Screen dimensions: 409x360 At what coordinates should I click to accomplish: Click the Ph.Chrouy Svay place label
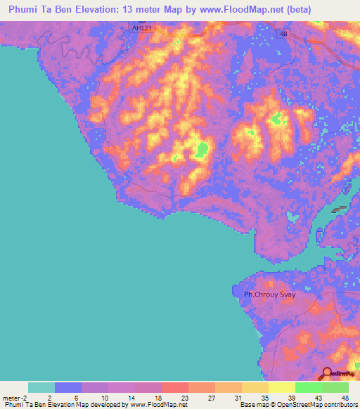pyautogui.click(x=264, y=294)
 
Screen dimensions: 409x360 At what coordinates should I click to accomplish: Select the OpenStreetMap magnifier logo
pyautogui.click(x=328, y=373)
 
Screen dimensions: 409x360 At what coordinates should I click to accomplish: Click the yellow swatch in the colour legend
pyautogui.click(x=281, y=387)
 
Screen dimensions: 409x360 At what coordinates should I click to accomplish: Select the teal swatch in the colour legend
pyautogui.click(x=41, y=387)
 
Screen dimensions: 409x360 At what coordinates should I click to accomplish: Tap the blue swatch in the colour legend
pyautogui.click(x=68, y=387)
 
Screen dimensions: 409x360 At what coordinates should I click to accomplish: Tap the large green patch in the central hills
pyautogui.click(x=202, y=150)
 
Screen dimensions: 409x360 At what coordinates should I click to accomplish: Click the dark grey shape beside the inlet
pyautogui.click(x=340, y=209)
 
